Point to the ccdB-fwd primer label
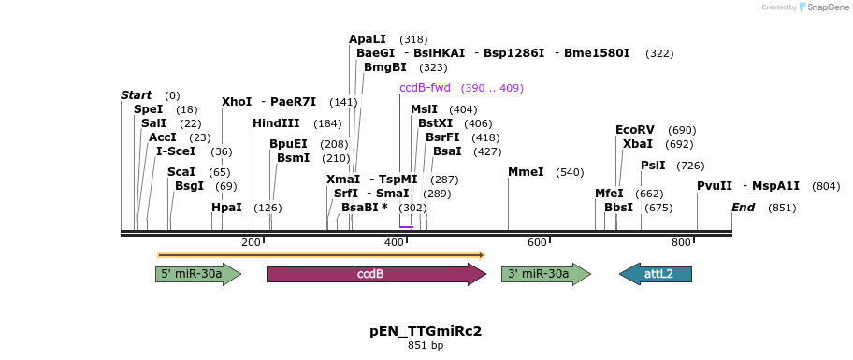pyautogui.click(x=425, y=88)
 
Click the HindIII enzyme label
pyautogui.click(x=276, y=123)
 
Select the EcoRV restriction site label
pyautogui.click(x=635, y=130)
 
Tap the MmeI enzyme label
pyautogui.click(x=526, y=172)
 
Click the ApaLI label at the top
pyautogui.click(x=367, y=39)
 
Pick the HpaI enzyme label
pyautogui.click(x=226, y=208)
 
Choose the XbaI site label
pyautogui.click(x=638, y=144)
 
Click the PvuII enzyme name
pyautogui.click(x=714, y=186)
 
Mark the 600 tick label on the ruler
pyautogui.click(x=537, y=243)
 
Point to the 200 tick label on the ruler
pyautogui.click(x=251, y=243)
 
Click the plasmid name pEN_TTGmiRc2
pyautogui.click(x=426, y=331)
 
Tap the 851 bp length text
pyautogui.click(x=426, y=346)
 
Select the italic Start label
pyautogui.click(x=136, y=95)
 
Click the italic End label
pyautogui.click(x=743, y=208)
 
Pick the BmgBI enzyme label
pyautogui.click(x=385, y=67)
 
